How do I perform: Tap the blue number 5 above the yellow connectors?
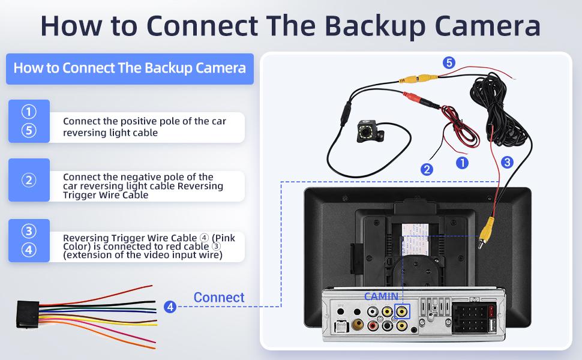click(x=449, y=62)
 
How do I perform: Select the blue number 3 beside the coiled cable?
click(x=507, y=161)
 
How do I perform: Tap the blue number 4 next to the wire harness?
click(x=170, y=307)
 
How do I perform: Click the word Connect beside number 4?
click(x=219, y=298)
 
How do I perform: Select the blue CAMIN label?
click(x=381, y=296)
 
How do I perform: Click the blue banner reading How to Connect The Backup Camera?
click(x=130, y=68)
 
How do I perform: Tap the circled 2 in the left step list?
click(x=29, y=180)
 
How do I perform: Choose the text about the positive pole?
click(x=145, y=127)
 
